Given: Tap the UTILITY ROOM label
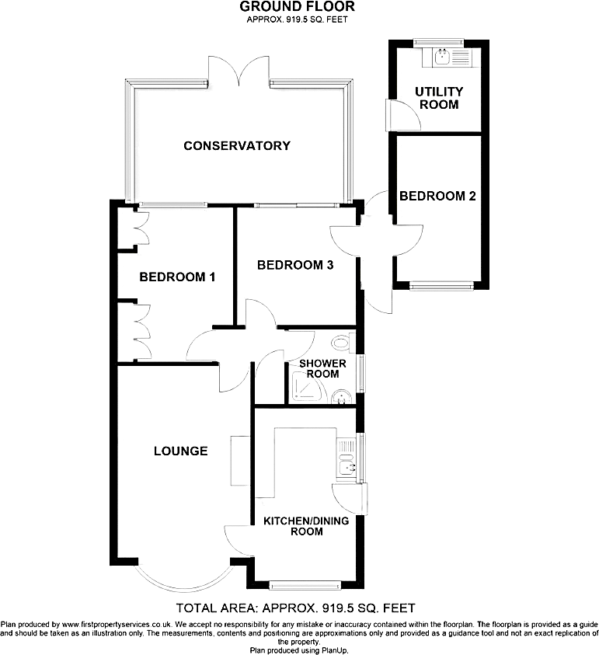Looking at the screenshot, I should coord(438,98).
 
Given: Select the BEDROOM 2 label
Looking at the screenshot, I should coord(437,197).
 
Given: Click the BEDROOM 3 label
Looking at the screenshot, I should coord(295,265).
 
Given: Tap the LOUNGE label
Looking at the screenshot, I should coord(180,451).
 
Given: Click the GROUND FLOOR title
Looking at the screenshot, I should coord(298,7).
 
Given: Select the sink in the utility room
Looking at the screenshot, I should coord(441,56).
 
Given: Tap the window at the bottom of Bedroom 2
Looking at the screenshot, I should coord(441,285).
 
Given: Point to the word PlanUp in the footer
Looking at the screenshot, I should coord(335,650).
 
